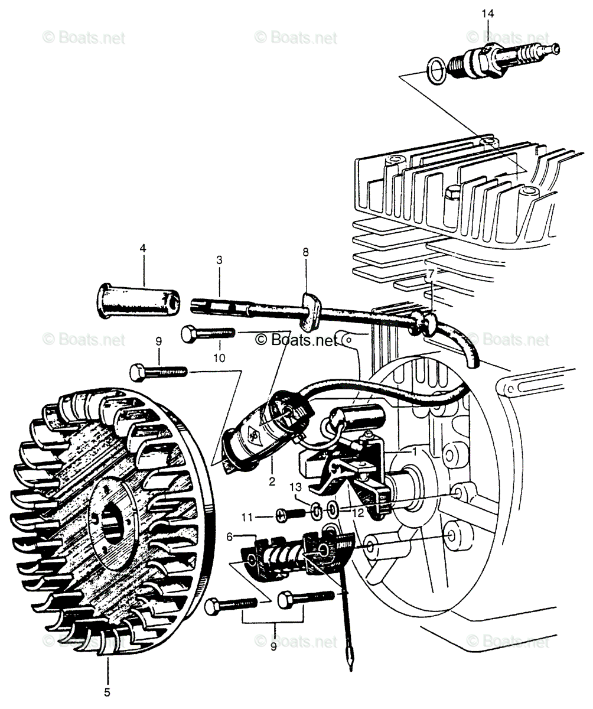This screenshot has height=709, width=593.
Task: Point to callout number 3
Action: click(219, 259)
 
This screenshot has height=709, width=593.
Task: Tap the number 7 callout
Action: click(431, 274)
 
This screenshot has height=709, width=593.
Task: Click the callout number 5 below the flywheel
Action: click(107, 692)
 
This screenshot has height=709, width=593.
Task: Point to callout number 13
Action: click(296, 487)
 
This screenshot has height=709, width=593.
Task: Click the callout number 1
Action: click(415, 451)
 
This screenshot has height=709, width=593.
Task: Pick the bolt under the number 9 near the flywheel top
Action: click(158, 372)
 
